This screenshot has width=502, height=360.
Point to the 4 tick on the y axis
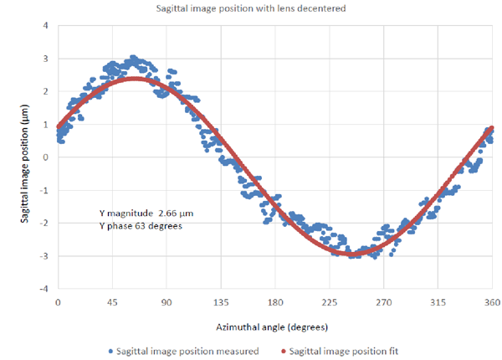pyautogui.click(x=46, y=25)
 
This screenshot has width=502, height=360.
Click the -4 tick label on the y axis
pyautogui.click(x=44, y=288)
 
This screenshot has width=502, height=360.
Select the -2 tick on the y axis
pyautogui.click(x=44, y=223)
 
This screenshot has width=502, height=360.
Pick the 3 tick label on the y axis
pyautogui.click(x=46, y=58)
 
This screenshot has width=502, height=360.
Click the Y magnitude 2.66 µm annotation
pyautogui.click(x=146, y=213)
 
